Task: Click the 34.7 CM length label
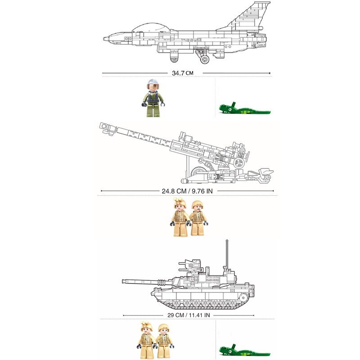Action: click(182, 72)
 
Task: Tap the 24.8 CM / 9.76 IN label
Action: click(187, 191)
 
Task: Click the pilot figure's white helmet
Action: click(152, 85)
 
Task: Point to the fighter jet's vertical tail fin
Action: click(252, 16)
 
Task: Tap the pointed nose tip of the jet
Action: click(105, 39)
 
